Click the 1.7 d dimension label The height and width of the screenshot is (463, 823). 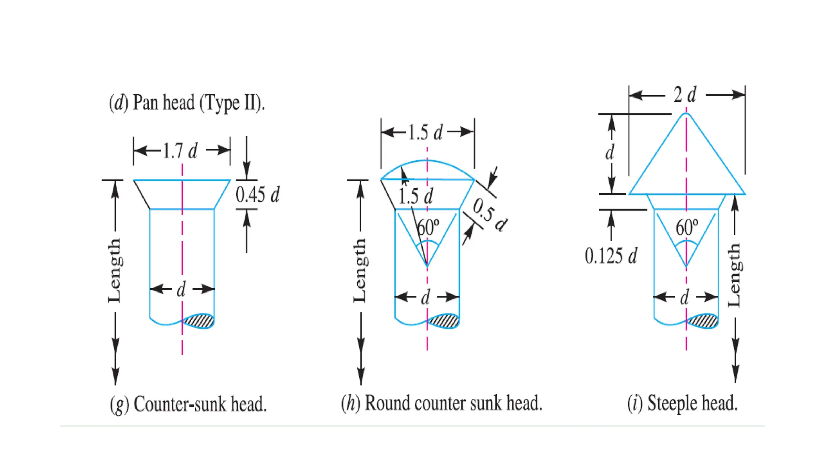click(180, 151)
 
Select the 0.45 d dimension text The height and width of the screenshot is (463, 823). click(257, 195)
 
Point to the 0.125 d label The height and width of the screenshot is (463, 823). click(610, 256)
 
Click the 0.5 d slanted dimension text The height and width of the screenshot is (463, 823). click(489, 215)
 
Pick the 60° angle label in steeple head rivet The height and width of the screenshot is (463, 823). click(686, 228)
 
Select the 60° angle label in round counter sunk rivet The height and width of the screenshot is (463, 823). click(428, 228)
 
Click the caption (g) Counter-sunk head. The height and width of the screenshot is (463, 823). click(188, 404)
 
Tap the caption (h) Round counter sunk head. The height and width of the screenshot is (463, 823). click(441, 403)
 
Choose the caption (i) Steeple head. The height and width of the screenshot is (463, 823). click(682, 403)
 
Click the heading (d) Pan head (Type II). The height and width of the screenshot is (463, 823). click(186, 103)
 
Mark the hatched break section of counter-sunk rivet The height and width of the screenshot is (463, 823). click(199, 321)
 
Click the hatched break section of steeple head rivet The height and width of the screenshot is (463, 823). click(702, 321)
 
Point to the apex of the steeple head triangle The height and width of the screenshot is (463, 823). click(686, 115)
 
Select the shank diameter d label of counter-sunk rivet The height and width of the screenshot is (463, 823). click(181, 289)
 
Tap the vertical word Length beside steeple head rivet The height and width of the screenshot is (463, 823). click(735, 275)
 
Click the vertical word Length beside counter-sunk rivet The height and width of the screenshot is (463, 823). click(115, 270)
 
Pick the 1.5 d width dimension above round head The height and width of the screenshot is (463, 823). click(425, 132)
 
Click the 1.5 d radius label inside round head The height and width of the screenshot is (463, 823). click(416, 196)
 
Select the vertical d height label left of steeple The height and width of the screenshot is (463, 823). click(610, 152)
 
